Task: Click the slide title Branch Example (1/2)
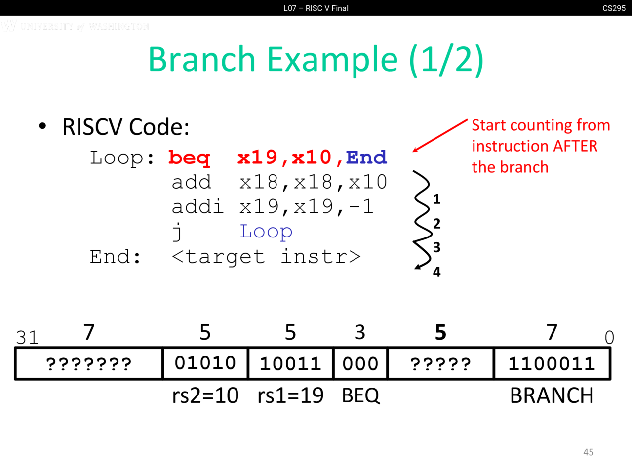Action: [316, 59]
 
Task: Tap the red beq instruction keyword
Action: [189, 158]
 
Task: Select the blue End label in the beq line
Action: [366, 158]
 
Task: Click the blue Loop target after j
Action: [266, 231]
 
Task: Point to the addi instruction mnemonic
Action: [197, 206]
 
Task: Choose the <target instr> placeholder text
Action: [266, 257]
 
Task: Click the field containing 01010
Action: [205, 363]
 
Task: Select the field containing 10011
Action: [290, 364]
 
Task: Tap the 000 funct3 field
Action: [360, 364]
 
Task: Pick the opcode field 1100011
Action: [552, 364]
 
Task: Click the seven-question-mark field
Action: [89, 364]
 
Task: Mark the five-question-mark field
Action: [440, 364]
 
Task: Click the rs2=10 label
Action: [205, 395]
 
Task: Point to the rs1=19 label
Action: [290, 395]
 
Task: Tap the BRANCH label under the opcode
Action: [552, 395]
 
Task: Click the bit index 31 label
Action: [27, 338]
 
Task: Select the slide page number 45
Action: [588, 452]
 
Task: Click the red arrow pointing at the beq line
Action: [439, 135]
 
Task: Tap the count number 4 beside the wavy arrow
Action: [437, 272]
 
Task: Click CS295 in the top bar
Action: [614, 8]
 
